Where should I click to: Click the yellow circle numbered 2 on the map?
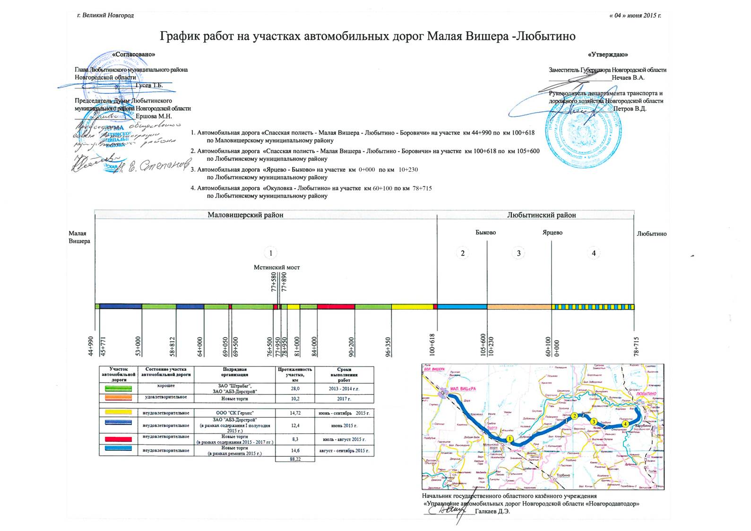tap(574, 416)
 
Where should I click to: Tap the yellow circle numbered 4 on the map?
tap(626, 424)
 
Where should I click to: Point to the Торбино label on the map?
tap(563, 475)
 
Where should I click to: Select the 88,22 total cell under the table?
tap(295, 459)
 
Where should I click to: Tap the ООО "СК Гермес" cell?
tap(234, 413)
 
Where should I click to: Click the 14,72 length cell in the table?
tap(295, 413)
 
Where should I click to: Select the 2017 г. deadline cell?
tap(344, 399)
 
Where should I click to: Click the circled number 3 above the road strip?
tap(518, 253)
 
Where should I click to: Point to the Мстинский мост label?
tap(276, 267)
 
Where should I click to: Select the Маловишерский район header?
tap(245, 215)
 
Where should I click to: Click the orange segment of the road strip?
tap(519, 307)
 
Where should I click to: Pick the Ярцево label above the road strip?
tap(552, 233)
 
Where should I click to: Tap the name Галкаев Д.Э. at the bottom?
tap(492, 511)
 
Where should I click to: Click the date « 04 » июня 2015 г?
tap(635, 16)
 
